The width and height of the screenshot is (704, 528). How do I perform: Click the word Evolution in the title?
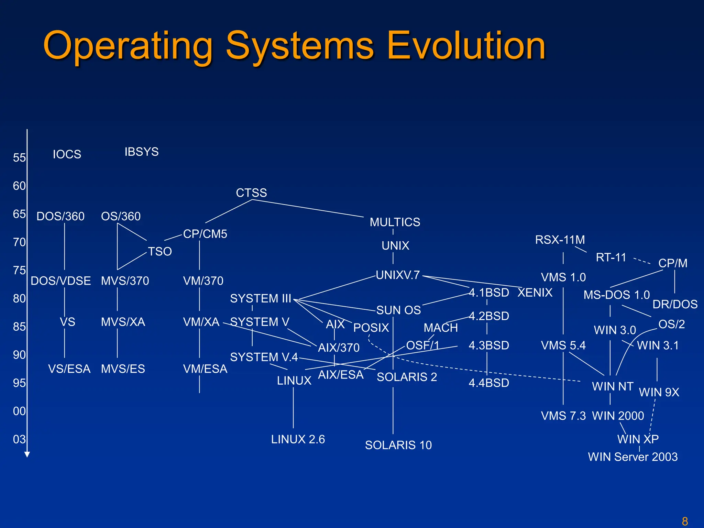(466, 45)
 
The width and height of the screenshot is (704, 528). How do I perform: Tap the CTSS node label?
(251, 192)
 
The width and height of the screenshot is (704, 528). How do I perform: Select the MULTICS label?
(395, 222)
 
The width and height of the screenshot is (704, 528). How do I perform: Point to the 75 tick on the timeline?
(19, 270)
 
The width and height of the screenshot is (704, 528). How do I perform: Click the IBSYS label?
(141, 152)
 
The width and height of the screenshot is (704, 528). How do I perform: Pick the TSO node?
(160, 251)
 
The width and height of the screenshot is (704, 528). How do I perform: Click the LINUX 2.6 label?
(298, 439)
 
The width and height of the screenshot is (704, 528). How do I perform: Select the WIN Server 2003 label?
(632, 457)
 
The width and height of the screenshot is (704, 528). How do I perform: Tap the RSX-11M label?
(560, 240)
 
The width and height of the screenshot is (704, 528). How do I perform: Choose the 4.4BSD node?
(489, 383)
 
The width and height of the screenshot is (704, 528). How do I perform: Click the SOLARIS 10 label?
(398, 445)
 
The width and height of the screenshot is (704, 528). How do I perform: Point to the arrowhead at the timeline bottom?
(27, 454)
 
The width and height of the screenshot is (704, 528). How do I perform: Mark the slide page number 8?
(685, 521)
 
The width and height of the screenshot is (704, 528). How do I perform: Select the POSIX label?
(371, 328)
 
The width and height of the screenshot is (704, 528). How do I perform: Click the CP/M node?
(673, 263)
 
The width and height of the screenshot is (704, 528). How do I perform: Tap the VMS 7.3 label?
(563, 416)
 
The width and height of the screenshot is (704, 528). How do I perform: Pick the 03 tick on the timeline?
(19, 439)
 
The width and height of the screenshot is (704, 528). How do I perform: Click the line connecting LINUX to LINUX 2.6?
(293, 407)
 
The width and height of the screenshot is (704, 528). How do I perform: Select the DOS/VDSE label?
(61, 281)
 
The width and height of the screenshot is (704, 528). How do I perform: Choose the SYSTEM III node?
(260, 298)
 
